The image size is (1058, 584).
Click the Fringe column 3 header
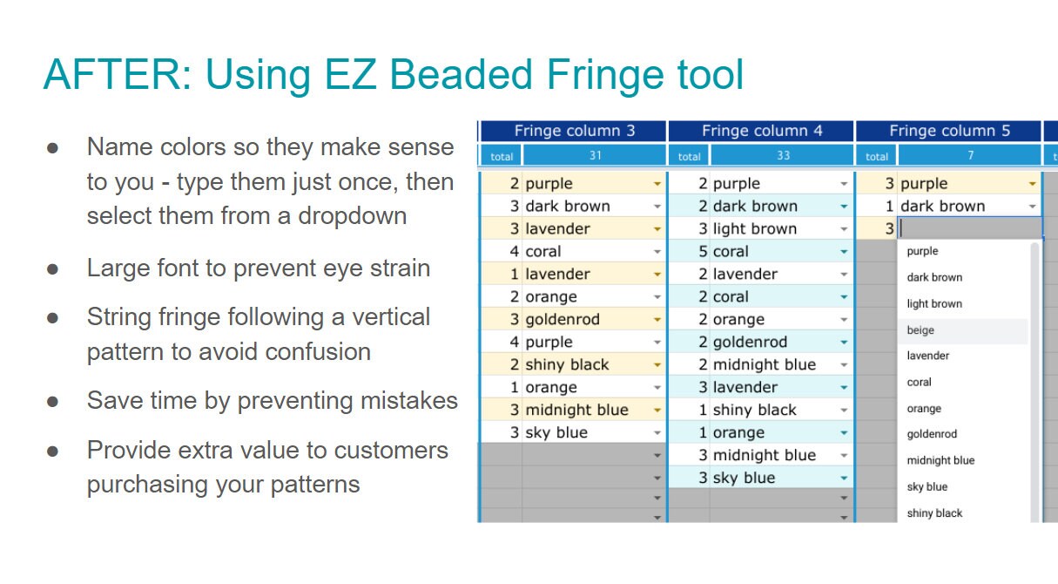574,131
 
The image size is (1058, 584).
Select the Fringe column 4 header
762,131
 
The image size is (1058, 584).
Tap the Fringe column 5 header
949,131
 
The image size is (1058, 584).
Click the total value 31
595,156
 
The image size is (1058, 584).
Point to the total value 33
782,156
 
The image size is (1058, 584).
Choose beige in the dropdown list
920,330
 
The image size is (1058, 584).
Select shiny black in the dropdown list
934,513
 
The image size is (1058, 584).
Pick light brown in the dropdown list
934,304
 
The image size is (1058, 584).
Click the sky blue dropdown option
927,487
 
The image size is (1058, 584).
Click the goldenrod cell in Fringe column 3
563,319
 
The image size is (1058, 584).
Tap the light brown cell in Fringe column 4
754,228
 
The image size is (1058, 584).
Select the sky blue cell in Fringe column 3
556,432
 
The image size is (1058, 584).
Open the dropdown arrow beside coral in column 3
657,252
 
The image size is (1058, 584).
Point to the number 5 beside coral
704,251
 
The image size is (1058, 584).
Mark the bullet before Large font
52,268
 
